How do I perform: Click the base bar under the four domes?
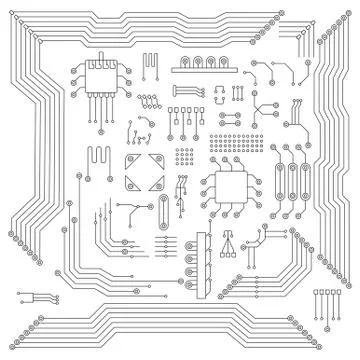tap(204, 71)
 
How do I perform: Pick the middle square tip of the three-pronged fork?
tap(229, 254)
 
